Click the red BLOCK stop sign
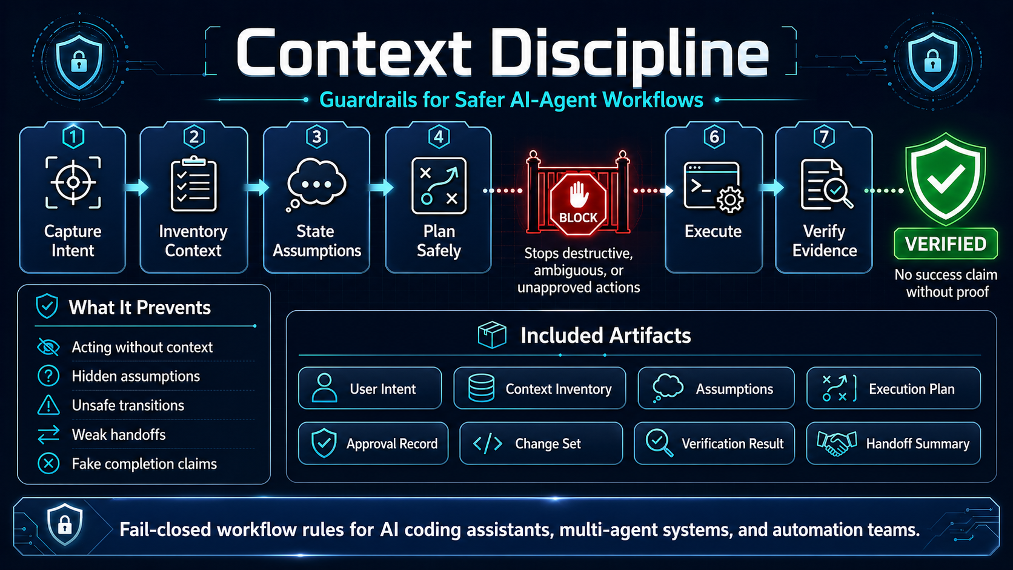click(x=578, y=204)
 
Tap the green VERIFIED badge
click(x=945, y=244)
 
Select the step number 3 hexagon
click(x=316, y=137)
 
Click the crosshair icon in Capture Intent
click(x=73, y=182)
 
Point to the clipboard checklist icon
click(x=194, y=184)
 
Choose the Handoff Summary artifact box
click(x=893, y=443)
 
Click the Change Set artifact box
click(x=540, y=443)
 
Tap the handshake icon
click(x=837, y=443)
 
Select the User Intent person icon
click(x=324, y=388)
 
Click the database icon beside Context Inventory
click(x=482, y=388)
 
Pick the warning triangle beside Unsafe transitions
click(x=48, y=405)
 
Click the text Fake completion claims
click(x=144, y=464)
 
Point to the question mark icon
click(x=48, y=376)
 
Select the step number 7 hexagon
click(x=824, y=137)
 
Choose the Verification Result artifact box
click(x=714, y=443)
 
